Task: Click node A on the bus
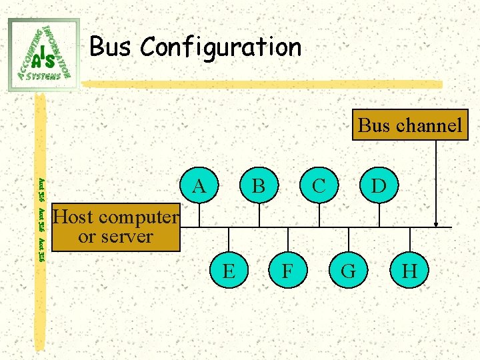coord(199,185)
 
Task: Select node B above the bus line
coord(257,185)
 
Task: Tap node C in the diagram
coord(319,185)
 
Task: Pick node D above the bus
coord(378,185)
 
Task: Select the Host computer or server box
coord(116,227)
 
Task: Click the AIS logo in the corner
coord(44,54)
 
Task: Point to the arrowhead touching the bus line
coord(436,223)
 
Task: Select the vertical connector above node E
coord(229,241)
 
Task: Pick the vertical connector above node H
coord(409,241)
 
